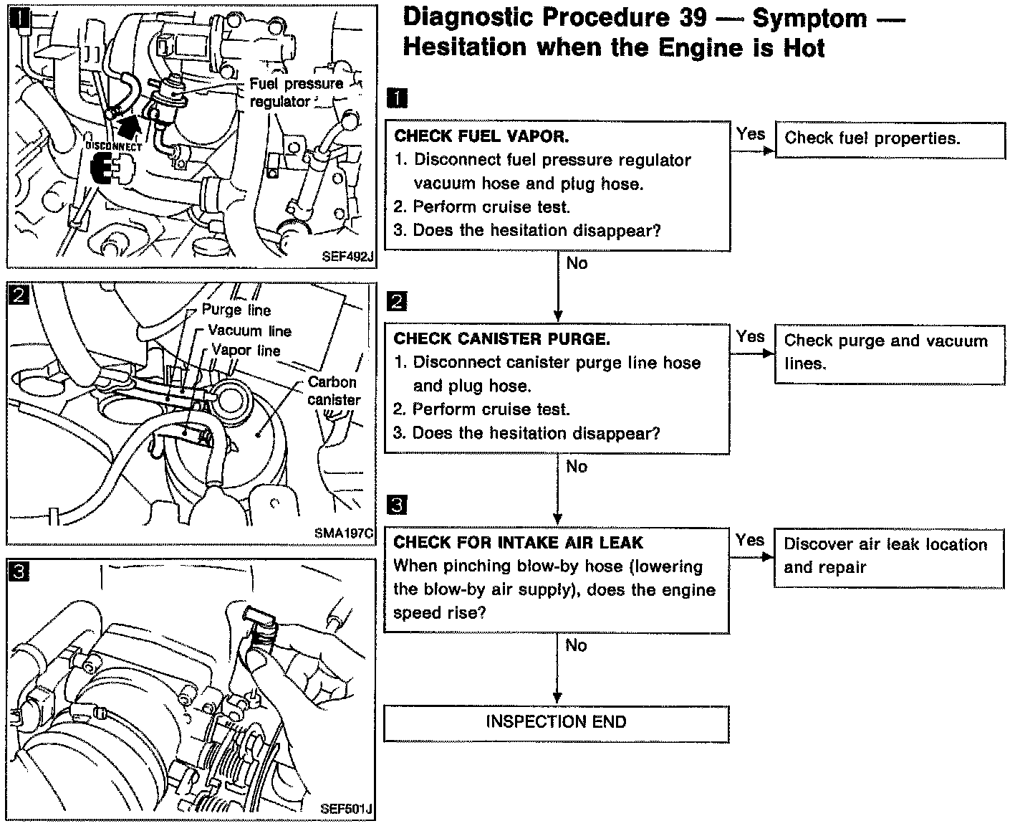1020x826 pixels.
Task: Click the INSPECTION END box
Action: coord(556,723)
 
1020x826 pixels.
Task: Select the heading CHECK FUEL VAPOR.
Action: coord(481,136)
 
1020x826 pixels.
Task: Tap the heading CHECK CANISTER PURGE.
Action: coord(501,339)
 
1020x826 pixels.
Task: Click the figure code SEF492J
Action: coord(348,256)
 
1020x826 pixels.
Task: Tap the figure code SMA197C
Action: coord(344,533)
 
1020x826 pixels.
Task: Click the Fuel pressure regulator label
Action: coord(295,92)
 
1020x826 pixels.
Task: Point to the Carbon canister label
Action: coord(334,391)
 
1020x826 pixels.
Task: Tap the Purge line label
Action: coord(236,310)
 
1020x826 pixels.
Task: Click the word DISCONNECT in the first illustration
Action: coord(114,146)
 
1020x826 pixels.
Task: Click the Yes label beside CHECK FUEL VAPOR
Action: coord(750,134)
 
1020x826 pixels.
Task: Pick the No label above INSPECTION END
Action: coord(576,645)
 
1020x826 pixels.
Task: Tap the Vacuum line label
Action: coord(249,331)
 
